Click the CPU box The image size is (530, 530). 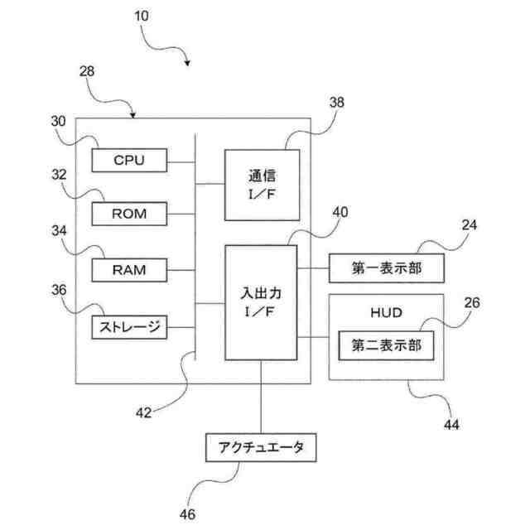pyautogui.click(x=128, y=159)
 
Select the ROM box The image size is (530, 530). pyautogui.click(x=128, y=213)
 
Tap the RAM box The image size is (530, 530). pyautogui.click(x=128, y=269)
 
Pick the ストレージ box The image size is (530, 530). pyautogui.click(x=128, y=327)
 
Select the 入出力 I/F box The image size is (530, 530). pyautogui.click(x=261, y=301)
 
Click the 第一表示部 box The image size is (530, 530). pyautogui.click(x=387, y=267)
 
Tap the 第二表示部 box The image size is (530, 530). pyautogui.click(x=387, y=344)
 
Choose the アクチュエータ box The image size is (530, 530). pyautogui.click(x=261, y=448)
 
